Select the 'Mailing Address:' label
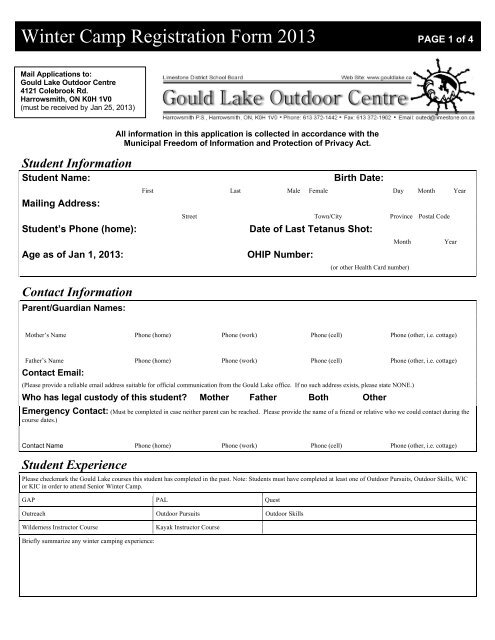pyautogui.click(x=60, y=202)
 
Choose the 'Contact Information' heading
pyautogui.click(x=76, y=291)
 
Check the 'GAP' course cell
pyautogui.click(x=29, y=498)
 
